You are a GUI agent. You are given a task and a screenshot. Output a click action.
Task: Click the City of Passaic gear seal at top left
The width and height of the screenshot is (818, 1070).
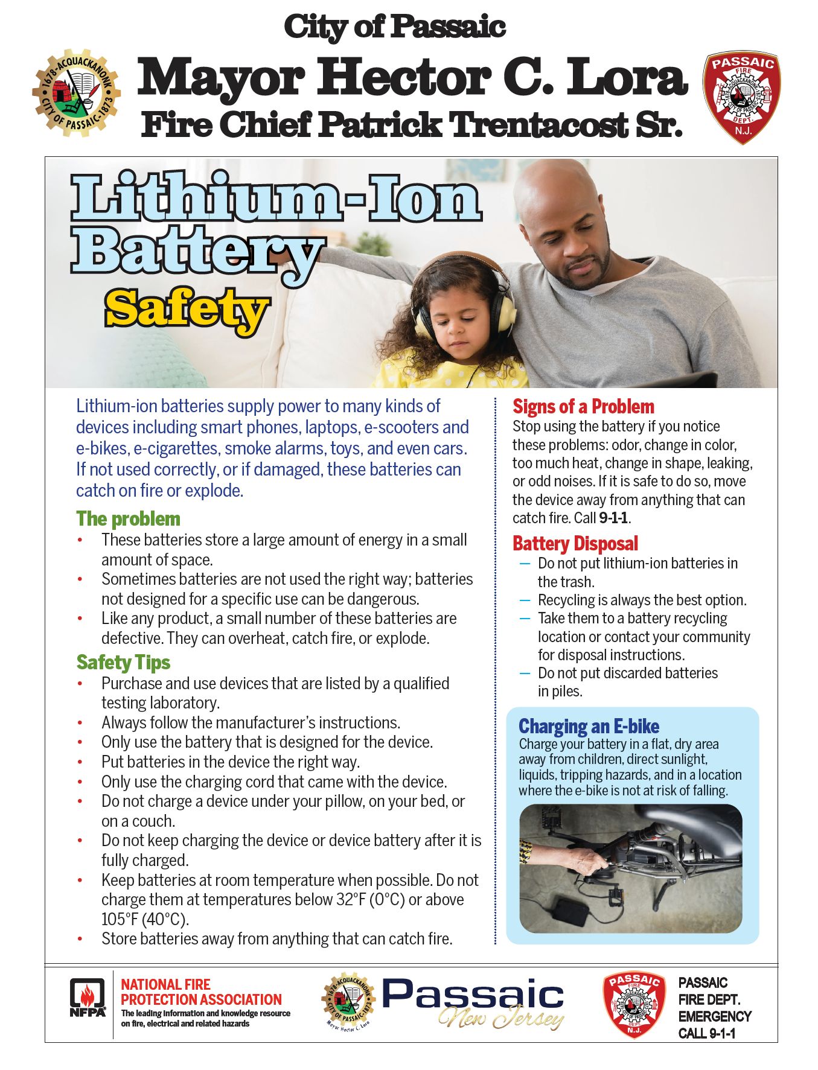coord(76,92)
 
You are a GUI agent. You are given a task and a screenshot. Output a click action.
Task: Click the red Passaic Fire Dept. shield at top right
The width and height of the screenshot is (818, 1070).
coord(742,97)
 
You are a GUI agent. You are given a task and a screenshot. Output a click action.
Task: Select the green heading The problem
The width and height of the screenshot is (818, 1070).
coord(128,519)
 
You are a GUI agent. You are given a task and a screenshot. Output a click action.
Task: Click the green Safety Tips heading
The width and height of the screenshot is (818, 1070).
coord(123,663)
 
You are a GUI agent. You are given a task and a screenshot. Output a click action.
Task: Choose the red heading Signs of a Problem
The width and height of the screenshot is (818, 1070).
coord(583,407)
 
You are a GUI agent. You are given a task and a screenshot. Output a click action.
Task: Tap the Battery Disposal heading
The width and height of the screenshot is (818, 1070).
coord(575,544)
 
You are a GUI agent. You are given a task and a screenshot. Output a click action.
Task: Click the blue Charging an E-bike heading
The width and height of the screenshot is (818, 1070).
coord(589,726)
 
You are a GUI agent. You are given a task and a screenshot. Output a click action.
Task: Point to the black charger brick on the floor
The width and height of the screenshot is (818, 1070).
coord(570,912)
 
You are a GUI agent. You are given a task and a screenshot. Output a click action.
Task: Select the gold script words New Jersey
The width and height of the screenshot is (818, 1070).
coord(501,1019)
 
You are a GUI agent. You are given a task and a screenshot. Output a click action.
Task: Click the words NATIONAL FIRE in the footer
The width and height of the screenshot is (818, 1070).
coord(165,984)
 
